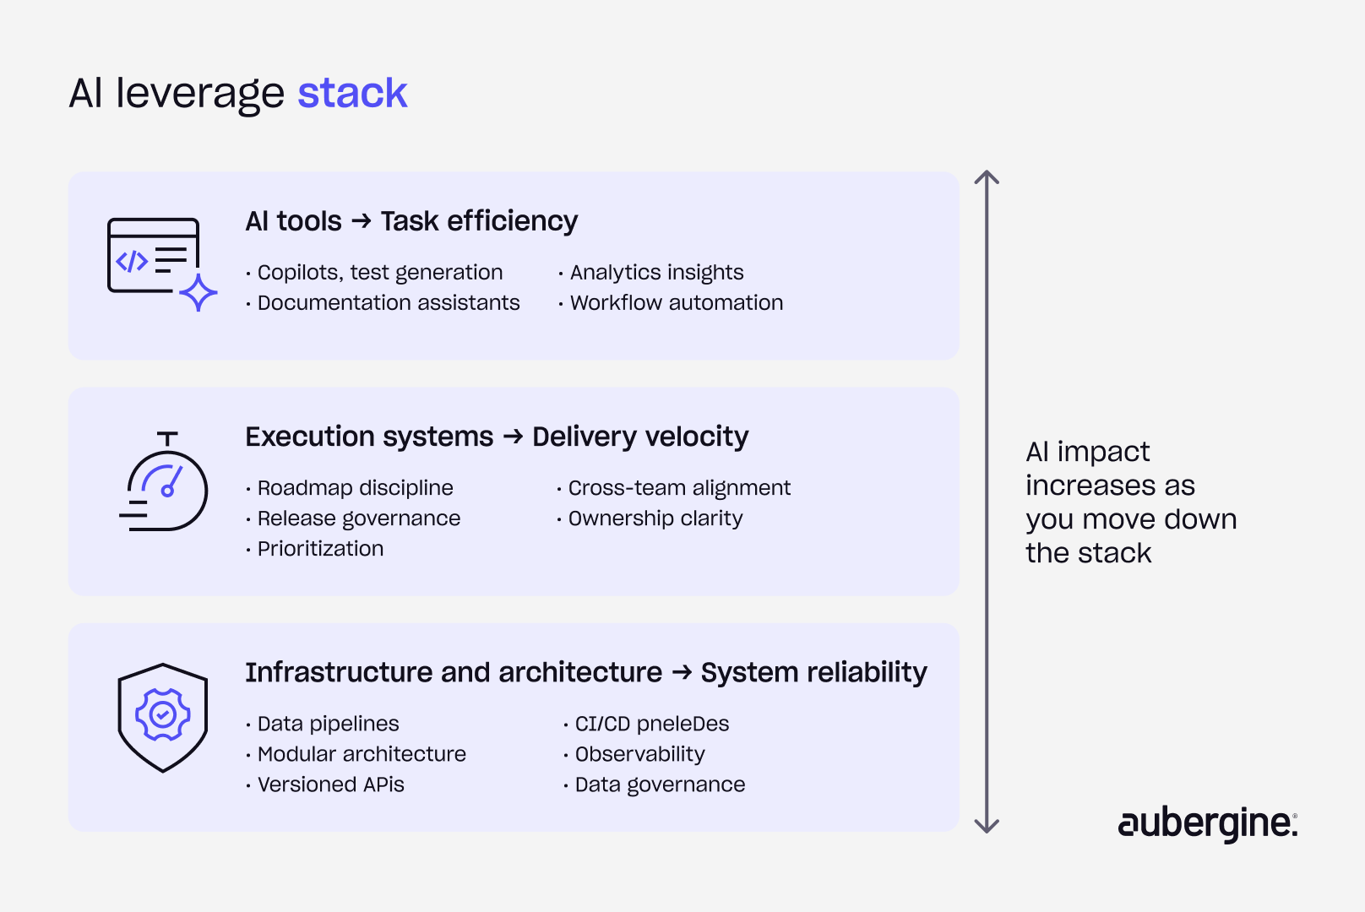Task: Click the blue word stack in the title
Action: coord(352,93)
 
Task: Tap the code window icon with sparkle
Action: coord(160,263)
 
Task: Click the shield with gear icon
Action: coord(163,717)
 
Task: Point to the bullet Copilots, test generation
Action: coord(379,273)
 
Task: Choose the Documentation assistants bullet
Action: coord(388,303)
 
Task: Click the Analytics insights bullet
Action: coord(656,273)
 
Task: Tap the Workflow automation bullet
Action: coord(676,303)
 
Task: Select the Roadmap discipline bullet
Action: coord(355,488)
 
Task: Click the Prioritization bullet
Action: coord(320,549)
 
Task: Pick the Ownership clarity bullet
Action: coord(655,518)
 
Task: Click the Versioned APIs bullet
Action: coord(330,784)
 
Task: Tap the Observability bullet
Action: coord(639,754)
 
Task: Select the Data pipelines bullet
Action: coord(328,724)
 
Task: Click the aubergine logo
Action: coord(1207,823)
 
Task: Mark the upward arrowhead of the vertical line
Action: coord(987,177)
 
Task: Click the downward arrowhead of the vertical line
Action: coord(987,826)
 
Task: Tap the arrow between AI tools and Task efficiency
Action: coord(362,221)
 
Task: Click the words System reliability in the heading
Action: coord(813,672)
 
